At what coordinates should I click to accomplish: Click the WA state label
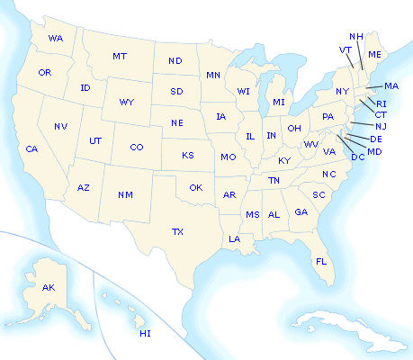point(56,39)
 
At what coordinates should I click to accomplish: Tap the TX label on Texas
point(178,231)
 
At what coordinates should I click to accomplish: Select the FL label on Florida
point(320,261)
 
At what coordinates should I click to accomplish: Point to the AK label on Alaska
point(49,287)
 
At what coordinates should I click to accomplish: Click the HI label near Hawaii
point(145,334)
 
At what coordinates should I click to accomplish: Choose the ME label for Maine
point(375,56)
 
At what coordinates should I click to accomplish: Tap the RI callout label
point(382,103)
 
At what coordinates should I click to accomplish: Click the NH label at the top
point(355,37)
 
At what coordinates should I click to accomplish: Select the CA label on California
point(31,148)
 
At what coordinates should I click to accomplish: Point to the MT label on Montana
point(120,57)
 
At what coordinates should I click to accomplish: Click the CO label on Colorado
point(136,147)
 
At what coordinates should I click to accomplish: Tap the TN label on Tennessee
point(274,181)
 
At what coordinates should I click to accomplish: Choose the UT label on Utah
point(94,140)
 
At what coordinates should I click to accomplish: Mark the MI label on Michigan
point(279,102)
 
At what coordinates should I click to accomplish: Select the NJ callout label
point(381,126)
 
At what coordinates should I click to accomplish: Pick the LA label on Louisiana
point(234,238)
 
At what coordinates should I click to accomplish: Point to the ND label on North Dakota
point(175,61)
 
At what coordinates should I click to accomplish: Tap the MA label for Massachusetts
point(391,86)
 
